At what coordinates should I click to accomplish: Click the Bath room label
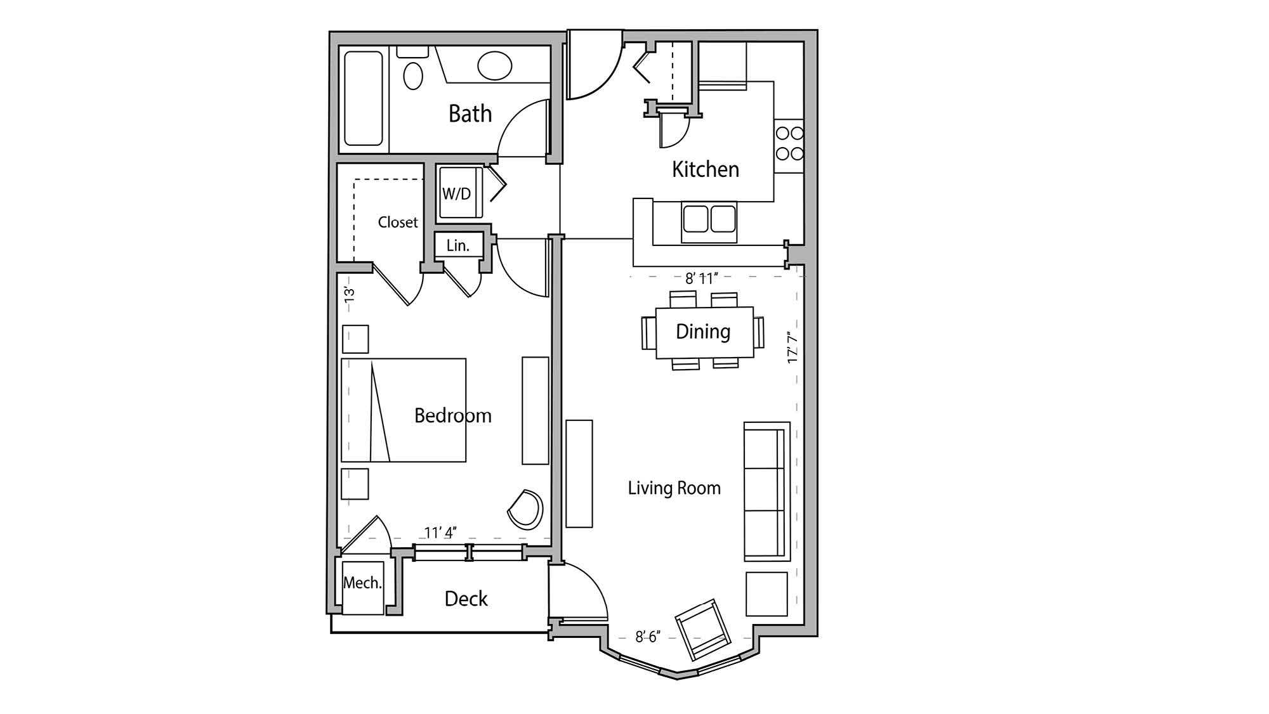tap(470, 114)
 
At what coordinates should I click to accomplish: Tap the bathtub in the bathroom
tap(364, 98)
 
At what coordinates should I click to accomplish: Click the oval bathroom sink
tap(494, 66)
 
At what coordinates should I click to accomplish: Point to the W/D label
tap(456, 193)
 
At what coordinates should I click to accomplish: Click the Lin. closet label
tap(457, 246)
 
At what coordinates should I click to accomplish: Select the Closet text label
tap(398, 222)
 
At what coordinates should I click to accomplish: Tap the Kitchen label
tap(705, 169)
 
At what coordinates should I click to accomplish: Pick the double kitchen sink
tap(709, 219)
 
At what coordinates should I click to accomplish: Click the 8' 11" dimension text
tap(701, 278)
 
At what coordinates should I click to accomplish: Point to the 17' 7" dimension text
tap(792, 347)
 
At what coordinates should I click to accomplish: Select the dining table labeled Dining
tap(704, 332)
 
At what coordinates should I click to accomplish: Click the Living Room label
tap(674, 488)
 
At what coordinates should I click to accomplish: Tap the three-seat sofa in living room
tap(766, 491)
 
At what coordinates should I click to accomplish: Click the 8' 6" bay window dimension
tap(648, 637)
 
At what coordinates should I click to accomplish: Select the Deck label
tap(466, 599)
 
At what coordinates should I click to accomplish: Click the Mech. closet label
tap(362, 583)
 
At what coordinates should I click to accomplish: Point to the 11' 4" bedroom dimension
tap(440, 533)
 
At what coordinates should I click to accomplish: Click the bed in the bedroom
tap(404, 410)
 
